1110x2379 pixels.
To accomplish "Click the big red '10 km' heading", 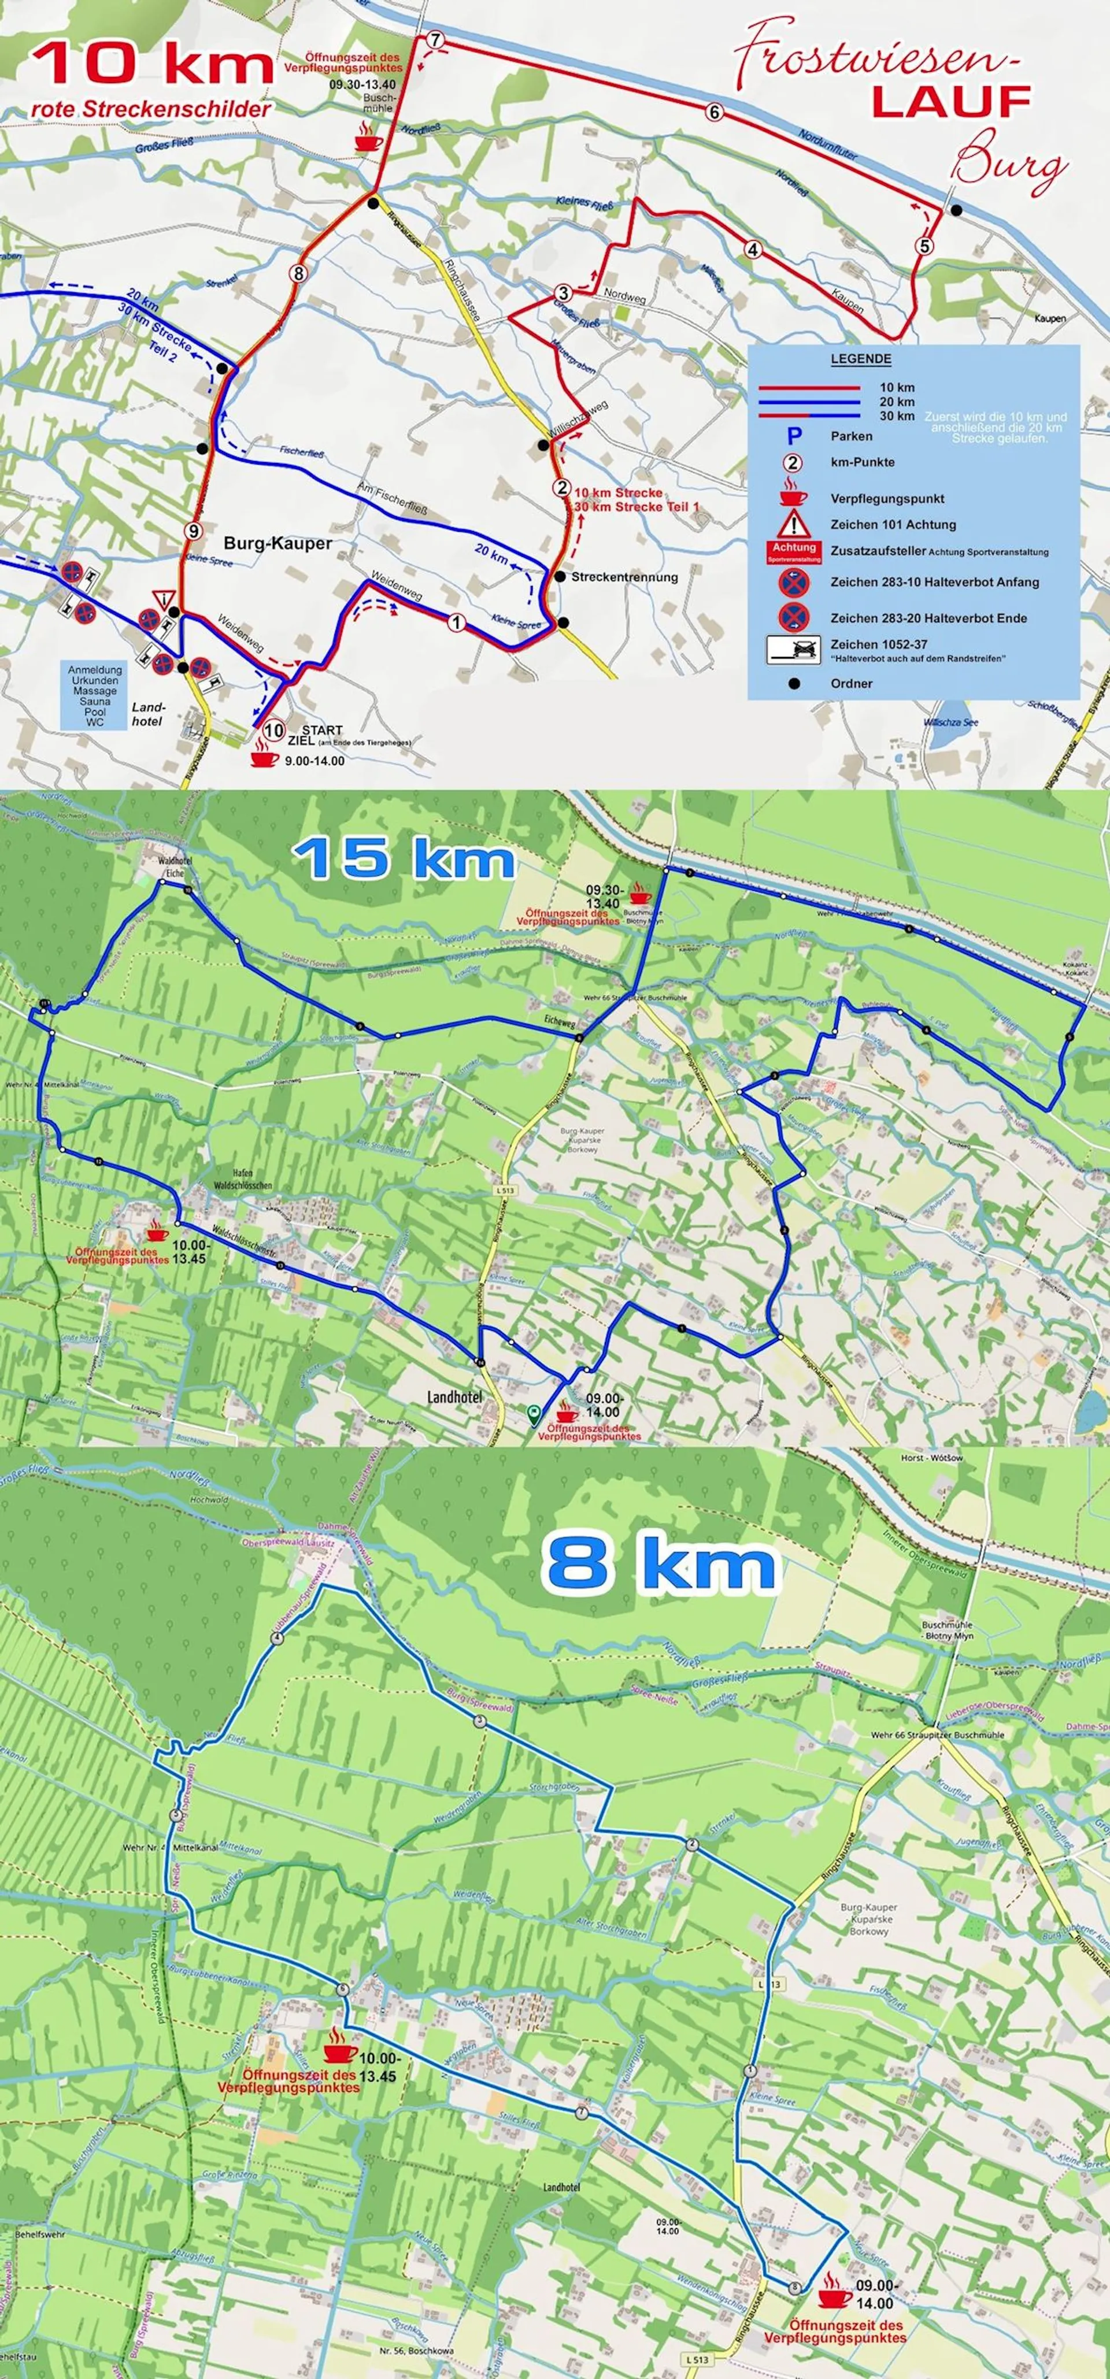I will (x=153, y=65).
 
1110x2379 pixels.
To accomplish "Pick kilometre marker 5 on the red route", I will (x=926, y=246).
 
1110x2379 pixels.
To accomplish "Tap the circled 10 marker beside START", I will (x=272, y=729).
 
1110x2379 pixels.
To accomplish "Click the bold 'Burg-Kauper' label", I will (x=277, y=543).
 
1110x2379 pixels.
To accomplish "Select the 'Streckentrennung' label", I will (x=624, y=577).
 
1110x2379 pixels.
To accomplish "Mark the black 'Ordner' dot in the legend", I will (x=793, y=683).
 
